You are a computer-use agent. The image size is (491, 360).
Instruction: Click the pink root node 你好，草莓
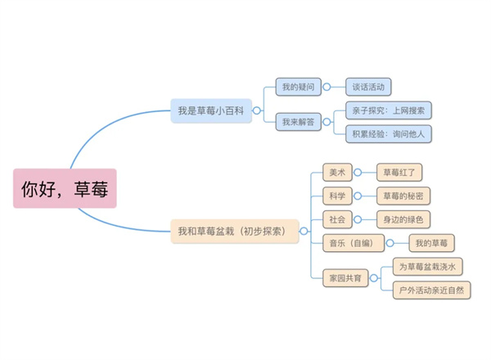tap(65, 188)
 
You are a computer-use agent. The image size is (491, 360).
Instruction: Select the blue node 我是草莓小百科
tap(210, 110)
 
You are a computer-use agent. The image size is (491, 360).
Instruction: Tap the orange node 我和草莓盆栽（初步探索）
tap(233, 232)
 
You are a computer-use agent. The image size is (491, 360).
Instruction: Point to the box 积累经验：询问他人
tap(388, 133)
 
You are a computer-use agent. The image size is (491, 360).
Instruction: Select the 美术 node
tap(336, 173)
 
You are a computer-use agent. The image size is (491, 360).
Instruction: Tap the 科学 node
tap(336, 196)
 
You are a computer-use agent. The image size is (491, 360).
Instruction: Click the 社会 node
tap(336, 219)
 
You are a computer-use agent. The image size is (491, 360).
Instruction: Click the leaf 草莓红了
tap(399, 173)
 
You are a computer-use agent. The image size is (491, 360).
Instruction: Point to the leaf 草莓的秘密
tap(403, 196)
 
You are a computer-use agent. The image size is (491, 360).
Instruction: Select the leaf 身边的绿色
tap(403, 219)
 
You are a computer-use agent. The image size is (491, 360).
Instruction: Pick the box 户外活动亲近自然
tap(431, 290)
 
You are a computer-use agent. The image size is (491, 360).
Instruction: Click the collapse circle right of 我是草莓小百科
tap(257, 110)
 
